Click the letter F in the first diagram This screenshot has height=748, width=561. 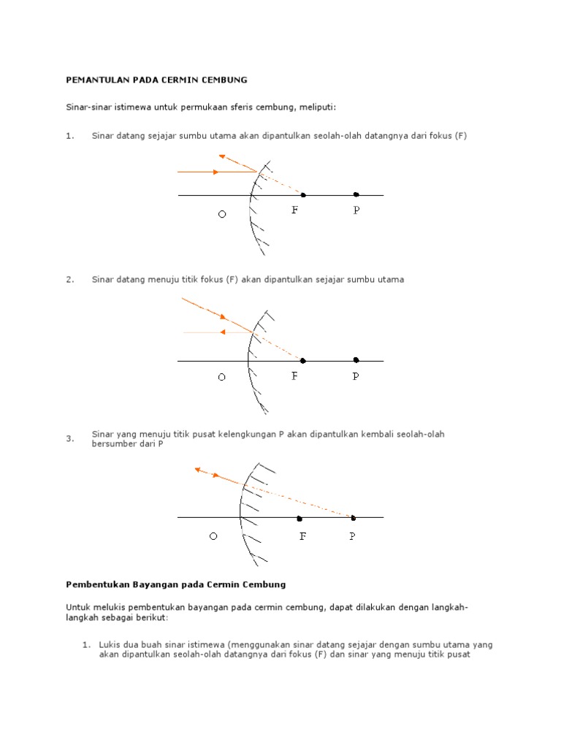click(295, 210)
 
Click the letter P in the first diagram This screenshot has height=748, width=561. click(356, 210)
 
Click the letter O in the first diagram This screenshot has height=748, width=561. click(222, 215)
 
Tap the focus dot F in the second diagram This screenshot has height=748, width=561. click(302, 361)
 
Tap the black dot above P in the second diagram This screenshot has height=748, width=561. click(356, 360)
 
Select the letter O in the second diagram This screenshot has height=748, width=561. click(221, 378)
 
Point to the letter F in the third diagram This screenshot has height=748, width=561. click(302, 537)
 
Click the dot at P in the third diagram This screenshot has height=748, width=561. click(353, 518)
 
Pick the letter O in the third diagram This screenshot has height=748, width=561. click(213, 537)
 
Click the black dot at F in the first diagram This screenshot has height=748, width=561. click(303, 195)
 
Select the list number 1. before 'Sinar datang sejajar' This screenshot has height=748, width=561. click(70, 136)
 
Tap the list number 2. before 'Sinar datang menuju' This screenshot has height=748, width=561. click(70, 280)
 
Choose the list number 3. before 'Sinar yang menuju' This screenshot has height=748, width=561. click(70, 439)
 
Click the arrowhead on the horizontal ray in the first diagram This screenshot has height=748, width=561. click(215, 172)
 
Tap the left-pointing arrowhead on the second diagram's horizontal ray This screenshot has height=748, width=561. click(222, 332)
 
